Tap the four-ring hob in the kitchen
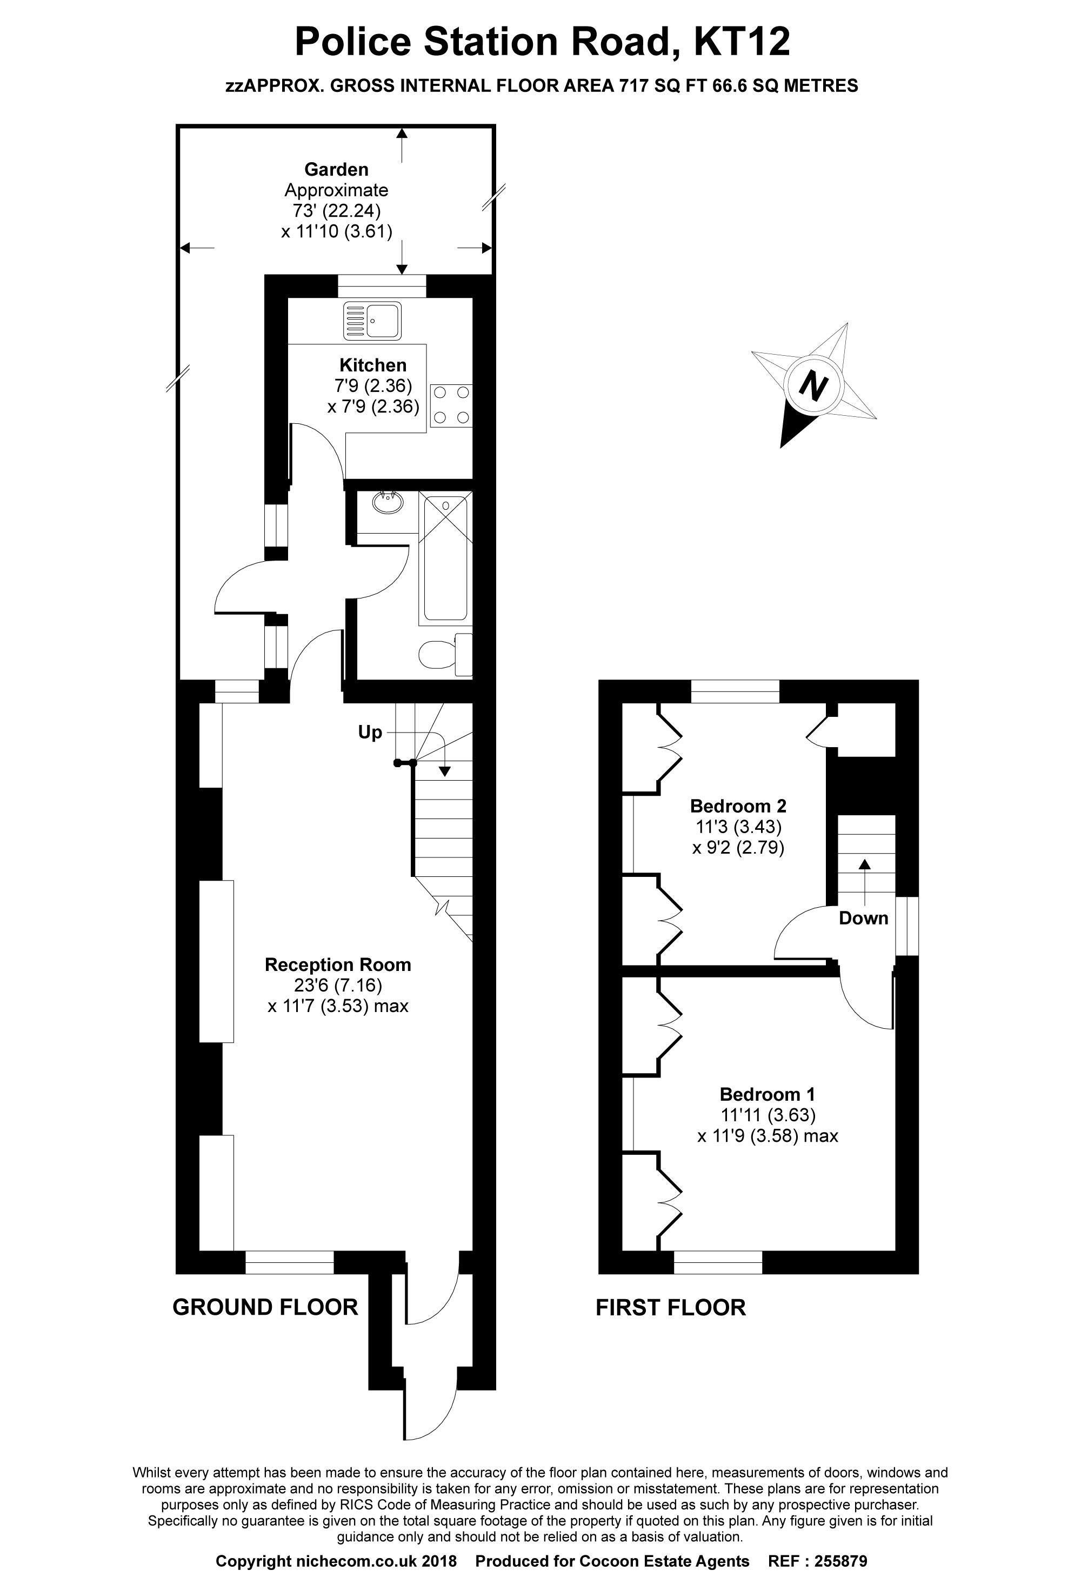pos(451,404)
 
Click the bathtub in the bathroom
pos(446,558)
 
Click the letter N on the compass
pos(813,385)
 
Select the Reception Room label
pos(337,964)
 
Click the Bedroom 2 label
pos(738,806)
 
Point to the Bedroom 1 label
pos(767,1094)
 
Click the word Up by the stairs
pos(370,732)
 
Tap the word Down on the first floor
pos(863,918)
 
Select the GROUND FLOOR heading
pos(265,1307)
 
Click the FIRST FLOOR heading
pos(670,1307)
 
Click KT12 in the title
pos(741,42)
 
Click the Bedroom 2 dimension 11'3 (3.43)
pos(738,827)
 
